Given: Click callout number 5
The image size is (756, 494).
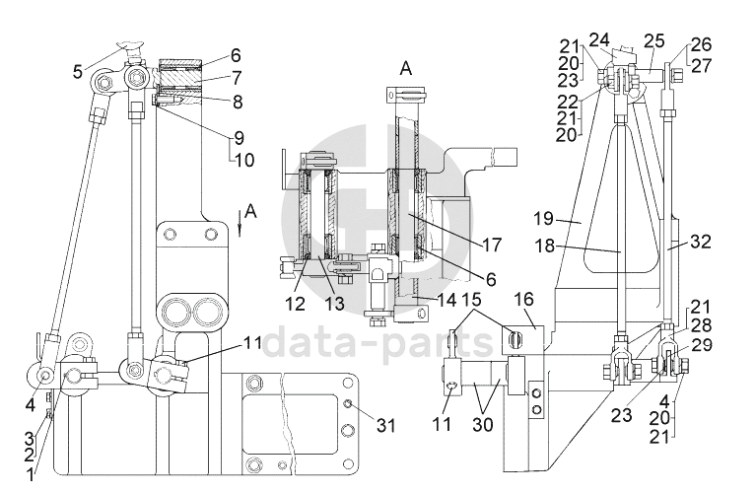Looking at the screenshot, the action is (x=78, y=72).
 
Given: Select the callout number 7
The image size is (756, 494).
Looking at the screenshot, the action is (x=236, y=78).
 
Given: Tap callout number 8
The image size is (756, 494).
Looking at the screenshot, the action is (x=238, y=102).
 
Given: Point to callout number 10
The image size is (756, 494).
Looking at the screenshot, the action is (x=244, y=160).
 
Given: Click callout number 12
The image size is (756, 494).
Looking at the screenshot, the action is (x=295, y=304).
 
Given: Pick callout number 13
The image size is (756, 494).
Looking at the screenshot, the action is (x=334, y=304).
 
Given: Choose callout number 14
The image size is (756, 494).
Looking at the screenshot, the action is (x=447, y=301).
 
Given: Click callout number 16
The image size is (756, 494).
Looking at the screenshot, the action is (x=524, y=299).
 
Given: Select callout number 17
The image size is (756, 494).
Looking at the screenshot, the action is (x=492, y=246).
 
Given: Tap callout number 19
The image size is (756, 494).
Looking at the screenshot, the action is (x=543, y=219).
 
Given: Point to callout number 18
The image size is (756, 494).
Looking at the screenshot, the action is (x=544, y=247).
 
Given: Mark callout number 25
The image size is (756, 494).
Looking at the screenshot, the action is (x=654, y=41).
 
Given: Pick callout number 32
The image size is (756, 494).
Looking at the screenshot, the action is (x=701, y=242).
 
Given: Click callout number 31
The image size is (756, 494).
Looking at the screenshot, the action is (x=385, y=426).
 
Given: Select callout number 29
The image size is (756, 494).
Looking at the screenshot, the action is (x=702, y=345).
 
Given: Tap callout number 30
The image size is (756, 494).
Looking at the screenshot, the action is (x=483, y=425).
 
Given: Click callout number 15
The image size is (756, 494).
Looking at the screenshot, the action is (x=472, y=300).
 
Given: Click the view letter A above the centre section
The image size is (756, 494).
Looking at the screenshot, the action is (x=406, y=68).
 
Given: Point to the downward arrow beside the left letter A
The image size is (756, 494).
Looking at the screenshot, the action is (x=240, y=226).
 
